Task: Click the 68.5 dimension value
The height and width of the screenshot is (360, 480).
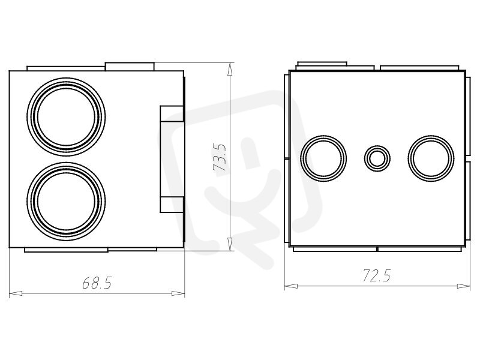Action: (97, 283)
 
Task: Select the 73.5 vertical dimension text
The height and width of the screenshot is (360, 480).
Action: (220, 157)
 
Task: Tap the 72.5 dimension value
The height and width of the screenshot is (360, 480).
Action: (377, 275)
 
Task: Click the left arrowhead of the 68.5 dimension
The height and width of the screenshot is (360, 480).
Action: (16, 293)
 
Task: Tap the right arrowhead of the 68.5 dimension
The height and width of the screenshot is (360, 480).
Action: (178, 293)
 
